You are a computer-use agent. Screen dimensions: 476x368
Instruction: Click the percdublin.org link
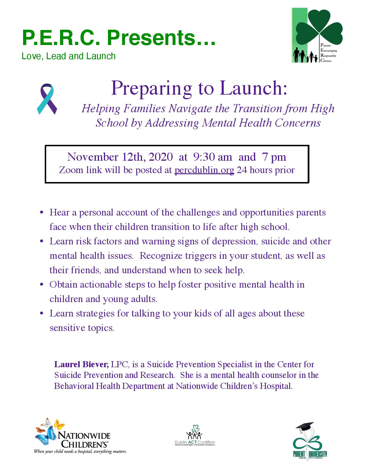click(x=204, y=170)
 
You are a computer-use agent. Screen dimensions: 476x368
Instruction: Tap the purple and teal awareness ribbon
click(x=47, y=99)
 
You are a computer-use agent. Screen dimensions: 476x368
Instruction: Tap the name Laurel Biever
click(x=81, y=365)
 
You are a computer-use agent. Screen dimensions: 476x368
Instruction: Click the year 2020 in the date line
click(x=160, y=157)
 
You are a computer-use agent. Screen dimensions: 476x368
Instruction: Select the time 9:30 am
click(x=212, y=157)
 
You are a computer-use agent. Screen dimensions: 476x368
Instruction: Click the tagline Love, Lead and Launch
click(x=69, y=56)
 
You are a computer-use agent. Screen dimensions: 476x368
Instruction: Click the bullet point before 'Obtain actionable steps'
click(x=42, y=284)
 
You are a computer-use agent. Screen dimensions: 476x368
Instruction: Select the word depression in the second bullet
click(x=235, y=241)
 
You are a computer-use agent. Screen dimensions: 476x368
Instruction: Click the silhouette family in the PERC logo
click(x=305, y=56)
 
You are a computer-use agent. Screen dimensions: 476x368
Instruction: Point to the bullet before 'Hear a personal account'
click(x=42, y=212)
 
